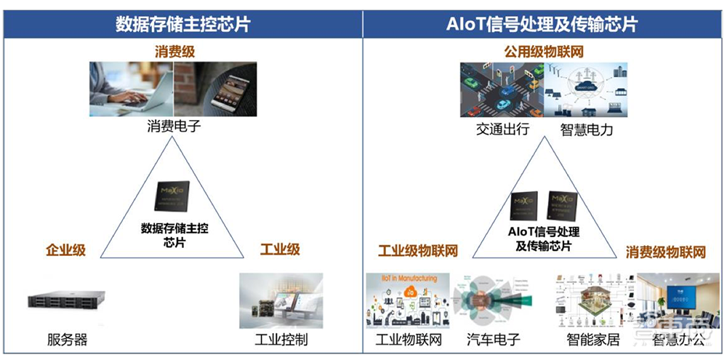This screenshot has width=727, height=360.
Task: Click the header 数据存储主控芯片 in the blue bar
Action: click(x=182, y=23)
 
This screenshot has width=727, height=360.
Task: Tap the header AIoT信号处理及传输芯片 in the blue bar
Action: click(x=542, y=23)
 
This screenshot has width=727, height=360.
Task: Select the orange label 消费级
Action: click(x=174, y=52)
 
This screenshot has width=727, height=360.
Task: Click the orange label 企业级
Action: click(x=65, y=250)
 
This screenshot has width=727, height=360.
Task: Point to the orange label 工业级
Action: click(x=280, y=250)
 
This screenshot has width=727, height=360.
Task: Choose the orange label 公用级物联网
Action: click(x=544, y=52)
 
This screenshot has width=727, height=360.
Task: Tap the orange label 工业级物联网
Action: click(x=418, y=251)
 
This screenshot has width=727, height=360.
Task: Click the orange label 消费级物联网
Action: click(x=666, y=252)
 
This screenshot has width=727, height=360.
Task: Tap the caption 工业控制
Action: click(x=281, y=340)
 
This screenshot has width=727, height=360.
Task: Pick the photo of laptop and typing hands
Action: click(x=131, y=89)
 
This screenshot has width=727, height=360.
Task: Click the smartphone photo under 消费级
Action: click(x=216, y=89)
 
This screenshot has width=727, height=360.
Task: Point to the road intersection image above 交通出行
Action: click(x=502, y=89)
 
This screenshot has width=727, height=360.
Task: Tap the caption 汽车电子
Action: click(x=493, y=340)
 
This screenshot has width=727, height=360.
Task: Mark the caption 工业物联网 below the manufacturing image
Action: click(x=409, y=340)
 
